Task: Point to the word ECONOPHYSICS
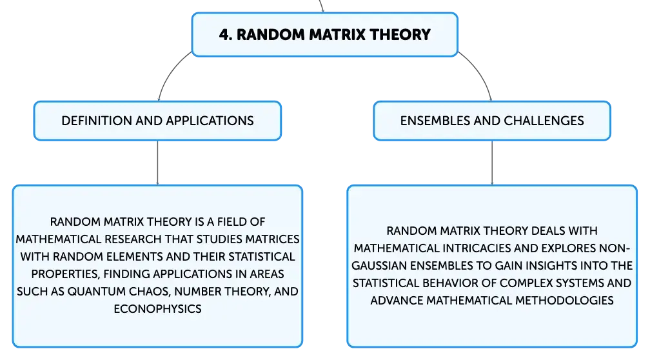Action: [x=157, y=309]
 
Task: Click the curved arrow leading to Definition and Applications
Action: [x=170, y=72]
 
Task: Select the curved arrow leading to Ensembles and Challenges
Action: [x=479, y=72]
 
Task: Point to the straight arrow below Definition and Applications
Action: [x=157, y=163]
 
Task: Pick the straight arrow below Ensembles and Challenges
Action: [x=492, y=163]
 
